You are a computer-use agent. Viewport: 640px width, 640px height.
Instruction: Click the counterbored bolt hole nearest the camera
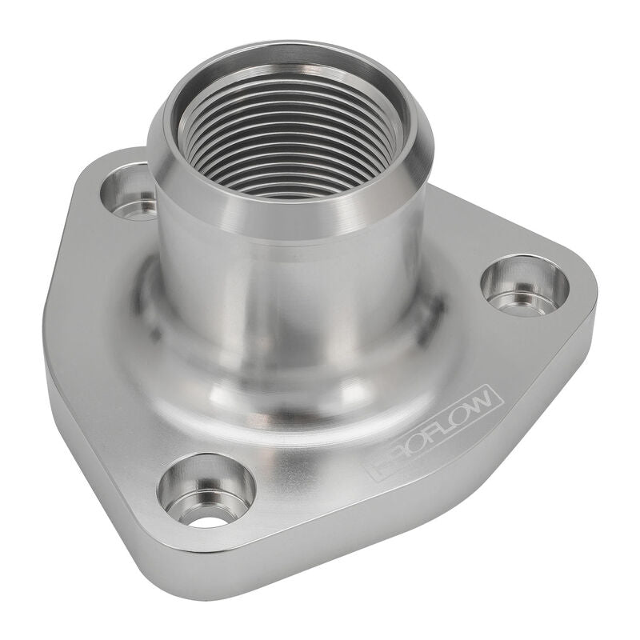click(x=206, y=490)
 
